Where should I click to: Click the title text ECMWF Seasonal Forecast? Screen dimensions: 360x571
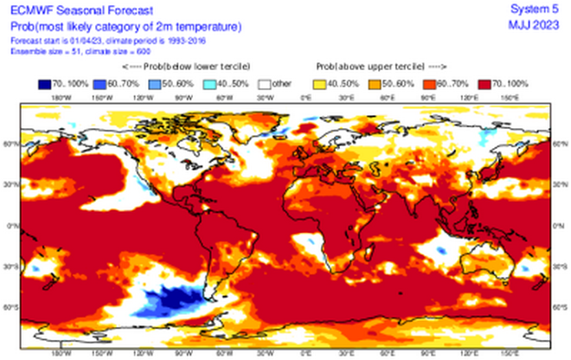click(x=58, y=10)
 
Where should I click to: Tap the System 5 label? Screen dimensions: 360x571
click(x=539, y=9)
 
